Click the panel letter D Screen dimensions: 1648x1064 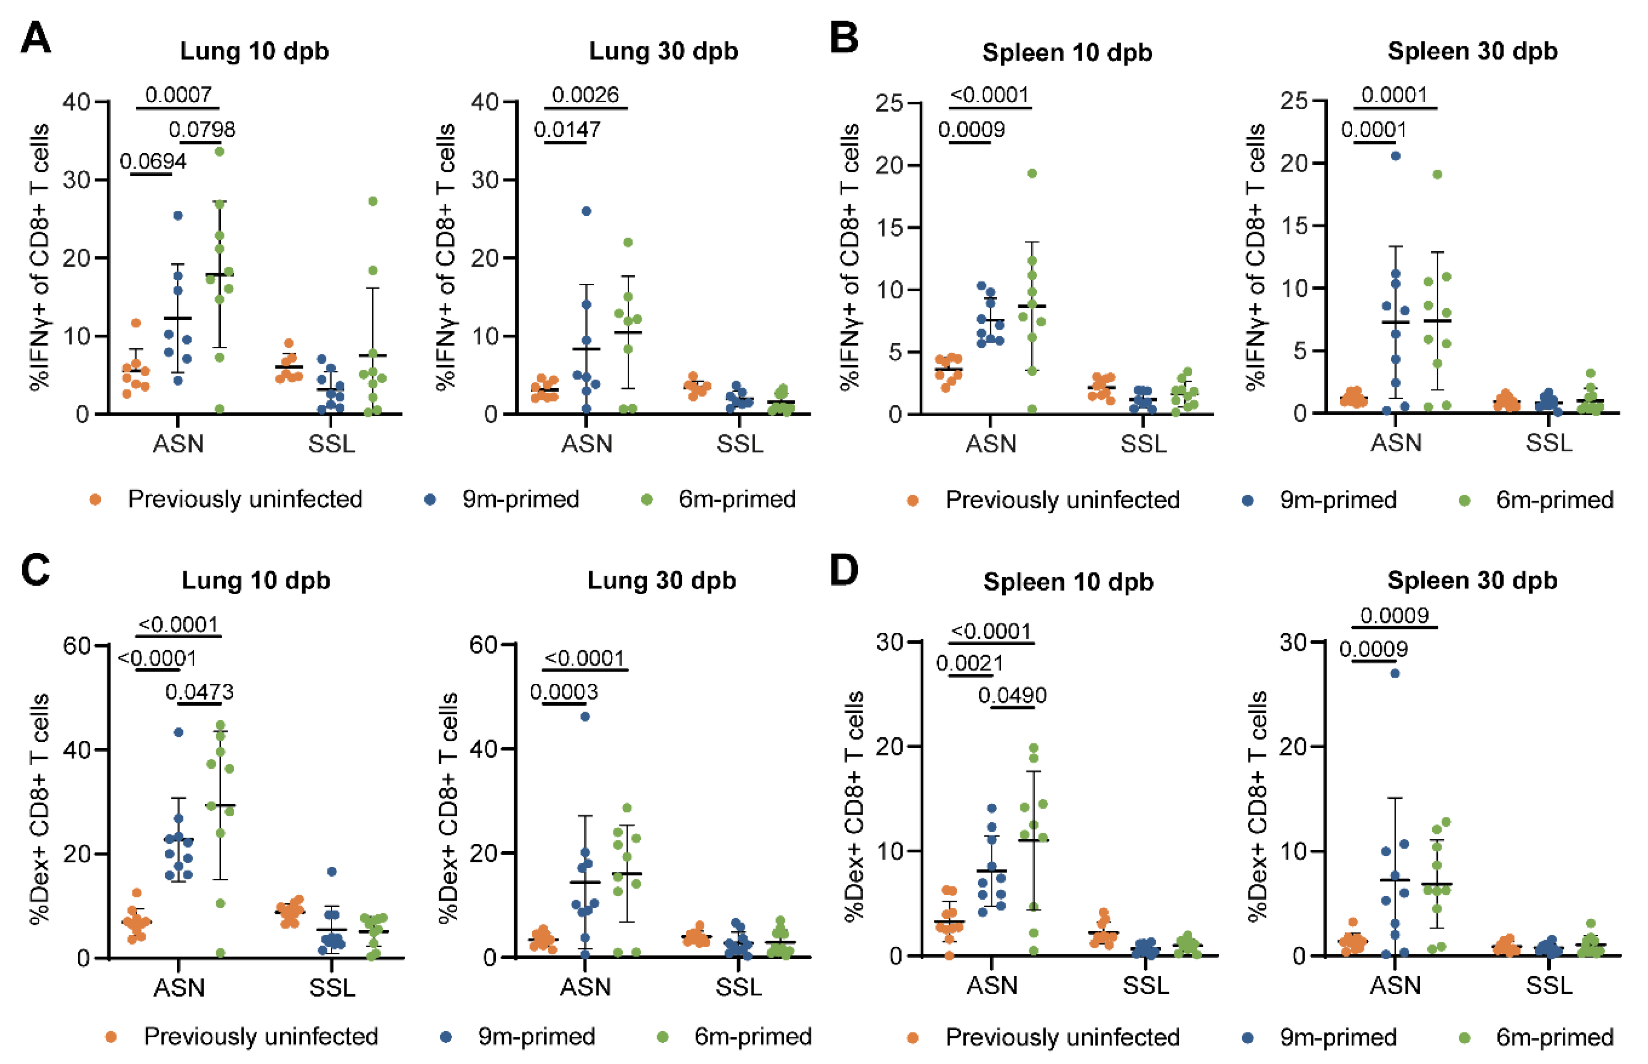(844, 571)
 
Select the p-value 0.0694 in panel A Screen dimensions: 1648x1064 (153, 162)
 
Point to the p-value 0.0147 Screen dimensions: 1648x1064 (567, 129)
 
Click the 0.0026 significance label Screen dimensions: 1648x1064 (585, 95)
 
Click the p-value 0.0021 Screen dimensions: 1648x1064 (969, 663)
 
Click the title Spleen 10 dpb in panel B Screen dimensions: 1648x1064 (1067, 52)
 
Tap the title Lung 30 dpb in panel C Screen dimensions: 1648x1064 (662, 580)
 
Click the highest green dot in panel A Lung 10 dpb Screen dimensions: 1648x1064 (220, 151)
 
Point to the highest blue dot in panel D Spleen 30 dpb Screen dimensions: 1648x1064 (1395, 673)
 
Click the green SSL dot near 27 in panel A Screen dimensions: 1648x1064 (373, 202)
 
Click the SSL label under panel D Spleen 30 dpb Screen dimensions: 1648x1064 (1549, 985)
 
